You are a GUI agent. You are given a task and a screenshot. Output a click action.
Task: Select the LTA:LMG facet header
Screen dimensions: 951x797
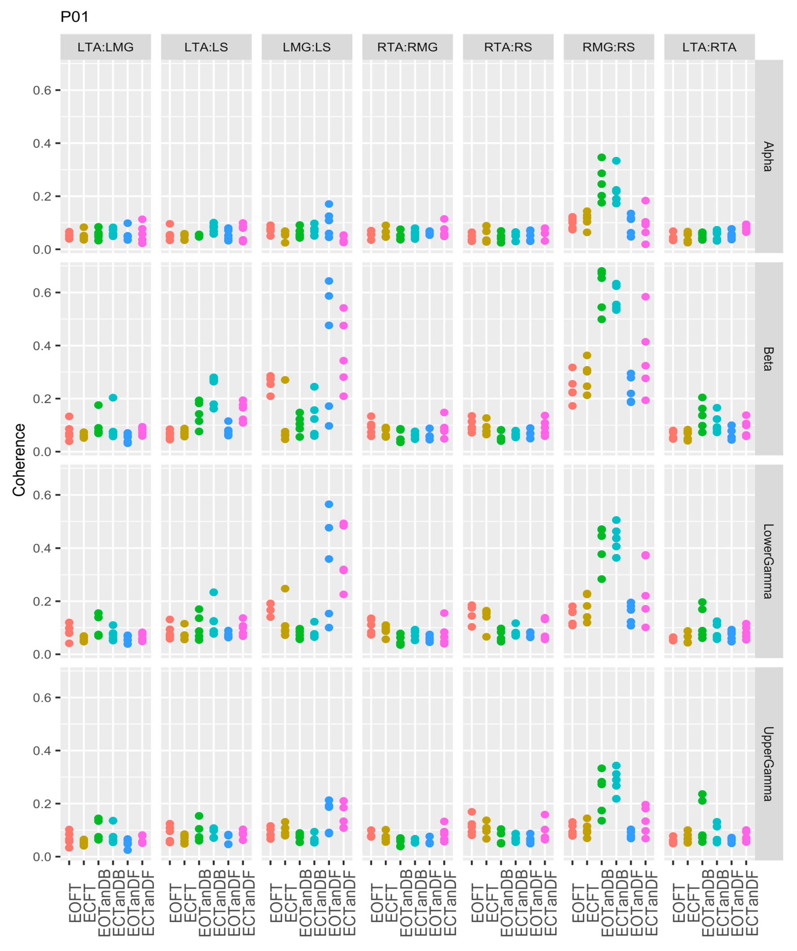coord(106,47)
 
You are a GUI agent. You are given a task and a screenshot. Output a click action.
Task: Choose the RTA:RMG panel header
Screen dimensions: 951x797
coord(407,47)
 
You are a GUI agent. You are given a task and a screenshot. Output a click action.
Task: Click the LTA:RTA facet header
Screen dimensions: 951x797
coord(709,47)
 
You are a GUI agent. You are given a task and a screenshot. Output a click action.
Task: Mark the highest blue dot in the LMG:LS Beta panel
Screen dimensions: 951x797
coord(329,281)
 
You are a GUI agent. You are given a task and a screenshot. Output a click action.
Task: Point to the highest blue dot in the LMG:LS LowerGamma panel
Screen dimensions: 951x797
coord(329,504)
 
